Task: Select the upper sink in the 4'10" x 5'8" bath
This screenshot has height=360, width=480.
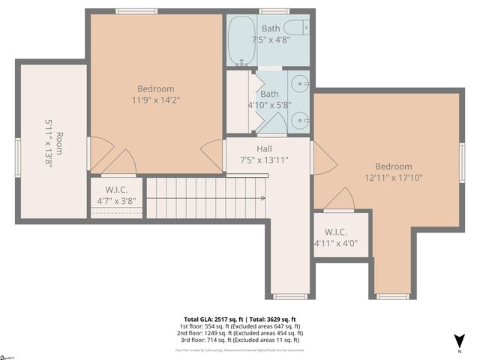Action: pyautogui.click(x=300, y=82)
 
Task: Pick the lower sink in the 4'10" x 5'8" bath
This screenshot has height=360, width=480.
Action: pyautogui.click(x=300, y=118)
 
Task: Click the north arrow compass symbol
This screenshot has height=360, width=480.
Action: pyautogui.click(x=459, y=341)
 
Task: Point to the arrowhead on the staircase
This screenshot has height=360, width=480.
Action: pyautogui.click(x=262, y=198)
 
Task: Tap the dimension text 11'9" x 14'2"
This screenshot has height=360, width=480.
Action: pyautogui.click(x=156, y=99)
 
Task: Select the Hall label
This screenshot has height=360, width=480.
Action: pyautogui.click(x=264, y=148)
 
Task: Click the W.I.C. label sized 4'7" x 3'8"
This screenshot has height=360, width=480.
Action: pyautogui.click(x=117, y=190)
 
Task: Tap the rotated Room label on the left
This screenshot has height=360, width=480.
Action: pyautogui.click(x=59, y=142)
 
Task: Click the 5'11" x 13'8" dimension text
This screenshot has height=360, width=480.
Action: pyautogui.click(x=48, y=142)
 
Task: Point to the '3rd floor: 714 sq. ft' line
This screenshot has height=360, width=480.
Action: pyautogui.click(x=240, y=339)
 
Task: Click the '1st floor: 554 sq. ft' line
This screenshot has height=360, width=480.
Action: pyautogui.click(x=240, y=325)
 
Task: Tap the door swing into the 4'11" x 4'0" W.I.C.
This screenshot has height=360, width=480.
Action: pyautogui.click(x=339, y=199)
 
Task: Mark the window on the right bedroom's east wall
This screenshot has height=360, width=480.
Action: pyautogui.click(x=462, y=163)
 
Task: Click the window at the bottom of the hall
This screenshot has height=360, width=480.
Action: pyautogui.click(x=289, y=296)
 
